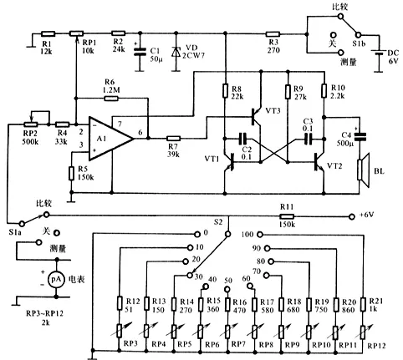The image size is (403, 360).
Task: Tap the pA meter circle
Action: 57,279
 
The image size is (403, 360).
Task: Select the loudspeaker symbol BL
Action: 364,170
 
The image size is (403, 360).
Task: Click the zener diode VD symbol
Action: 176,52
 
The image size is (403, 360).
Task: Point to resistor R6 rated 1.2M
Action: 111,98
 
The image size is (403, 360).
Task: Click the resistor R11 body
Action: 287,216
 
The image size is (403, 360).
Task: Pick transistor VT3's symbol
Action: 256,117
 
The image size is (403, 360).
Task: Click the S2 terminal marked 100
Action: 260,235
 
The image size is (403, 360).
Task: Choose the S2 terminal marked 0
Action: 197,234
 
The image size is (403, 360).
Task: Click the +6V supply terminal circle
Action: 352,216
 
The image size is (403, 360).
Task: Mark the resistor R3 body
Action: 273,34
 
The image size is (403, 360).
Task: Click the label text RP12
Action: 376,346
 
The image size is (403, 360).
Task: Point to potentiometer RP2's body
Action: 31,124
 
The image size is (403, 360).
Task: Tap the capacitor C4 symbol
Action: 360,136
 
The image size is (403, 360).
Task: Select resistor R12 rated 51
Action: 120,303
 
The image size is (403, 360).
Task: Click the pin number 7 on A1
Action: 120,124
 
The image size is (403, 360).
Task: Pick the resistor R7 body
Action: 173,139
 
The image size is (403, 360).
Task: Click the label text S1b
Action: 359,43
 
